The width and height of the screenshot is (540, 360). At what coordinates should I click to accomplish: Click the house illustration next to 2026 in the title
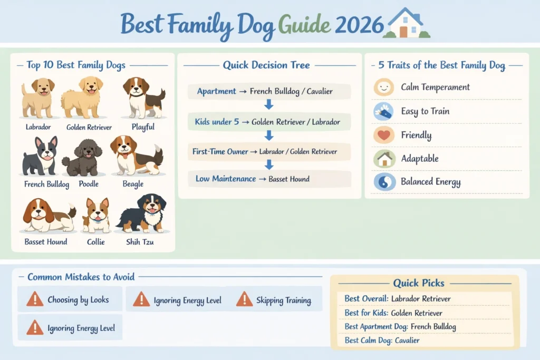click(406, 23)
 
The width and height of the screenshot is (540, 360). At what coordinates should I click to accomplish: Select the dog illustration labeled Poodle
click(82, 157)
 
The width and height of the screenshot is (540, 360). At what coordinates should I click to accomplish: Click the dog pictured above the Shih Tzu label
click(144, 213)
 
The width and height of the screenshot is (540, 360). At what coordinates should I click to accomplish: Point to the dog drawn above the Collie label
click(97, 215)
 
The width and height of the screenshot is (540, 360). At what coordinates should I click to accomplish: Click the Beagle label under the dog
click(133, 184)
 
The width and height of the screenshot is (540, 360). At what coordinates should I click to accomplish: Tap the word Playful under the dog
click(144, 127)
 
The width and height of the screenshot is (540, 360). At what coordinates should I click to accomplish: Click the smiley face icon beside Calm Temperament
click(383, 87)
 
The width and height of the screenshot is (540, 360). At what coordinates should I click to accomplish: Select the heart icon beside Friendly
click(383, 135)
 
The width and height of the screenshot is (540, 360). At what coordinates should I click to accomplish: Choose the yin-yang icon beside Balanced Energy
click(383, 182)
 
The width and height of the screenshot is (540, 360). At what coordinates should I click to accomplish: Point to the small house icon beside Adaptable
click(383, 159)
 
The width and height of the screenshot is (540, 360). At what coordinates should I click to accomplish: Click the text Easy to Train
click(425, 111)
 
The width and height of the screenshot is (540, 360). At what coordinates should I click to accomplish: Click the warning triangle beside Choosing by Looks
click(35, 299)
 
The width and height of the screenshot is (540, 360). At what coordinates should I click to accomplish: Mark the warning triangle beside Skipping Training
click(244, 299)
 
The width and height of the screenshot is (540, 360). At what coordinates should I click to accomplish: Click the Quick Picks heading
click(419, 283)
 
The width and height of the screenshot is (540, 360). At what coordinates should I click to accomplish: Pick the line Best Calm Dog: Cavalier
click(382, 340)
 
